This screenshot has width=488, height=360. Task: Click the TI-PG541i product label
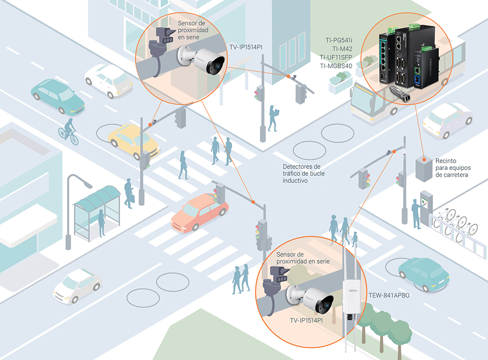(339, 40)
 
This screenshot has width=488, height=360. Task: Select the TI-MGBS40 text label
(336, 66)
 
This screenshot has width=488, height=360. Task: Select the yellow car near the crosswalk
(133, 140)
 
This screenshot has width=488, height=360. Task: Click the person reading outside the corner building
(273, 117)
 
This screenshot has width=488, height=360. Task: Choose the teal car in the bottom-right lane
(423, 275)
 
